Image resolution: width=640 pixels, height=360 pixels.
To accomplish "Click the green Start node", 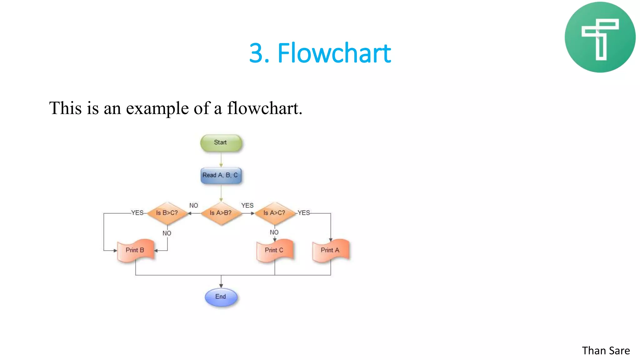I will coord(221,143).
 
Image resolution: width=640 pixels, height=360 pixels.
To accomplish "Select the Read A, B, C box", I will coord(221,175).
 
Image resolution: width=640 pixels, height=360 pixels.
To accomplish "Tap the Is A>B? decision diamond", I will coord(221,213).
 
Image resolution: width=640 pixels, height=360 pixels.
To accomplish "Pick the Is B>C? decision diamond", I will coord(167,213).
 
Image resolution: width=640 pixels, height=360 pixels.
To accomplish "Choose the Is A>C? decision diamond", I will coord(274,213).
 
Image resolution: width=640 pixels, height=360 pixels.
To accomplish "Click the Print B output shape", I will coord(135,250).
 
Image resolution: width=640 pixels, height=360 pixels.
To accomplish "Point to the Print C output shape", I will coord(274,250).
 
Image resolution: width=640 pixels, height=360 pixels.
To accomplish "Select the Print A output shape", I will coord(330,250).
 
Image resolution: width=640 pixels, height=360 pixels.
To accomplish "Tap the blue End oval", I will coord(221,297).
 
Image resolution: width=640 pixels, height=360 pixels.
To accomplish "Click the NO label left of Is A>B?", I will coord(194,206).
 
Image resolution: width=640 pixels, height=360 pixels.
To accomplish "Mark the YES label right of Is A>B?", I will coord(247,206).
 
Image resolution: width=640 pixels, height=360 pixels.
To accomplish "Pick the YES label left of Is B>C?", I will coord(137,213).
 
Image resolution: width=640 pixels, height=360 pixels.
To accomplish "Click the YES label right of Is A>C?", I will coord(304,213).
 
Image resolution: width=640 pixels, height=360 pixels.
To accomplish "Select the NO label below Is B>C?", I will coord(167,233).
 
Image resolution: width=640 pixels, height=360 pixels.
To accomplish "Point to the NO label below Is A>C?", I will coord(274,232).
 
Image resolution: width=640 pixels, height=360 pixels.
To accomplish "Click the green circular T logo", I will coord(600,37).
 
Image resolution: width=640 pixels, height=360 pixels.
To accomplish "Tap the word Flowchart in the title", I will coord(334,53).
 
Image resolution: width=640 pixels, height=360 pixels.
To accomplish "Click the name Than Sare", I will coord(606,351).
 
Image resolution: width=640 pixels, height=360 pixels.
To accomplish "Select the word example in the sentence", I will coord(157,108).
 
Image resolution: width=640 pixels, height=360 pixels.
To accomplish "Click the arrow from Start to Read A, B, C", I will coord(221,160).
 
